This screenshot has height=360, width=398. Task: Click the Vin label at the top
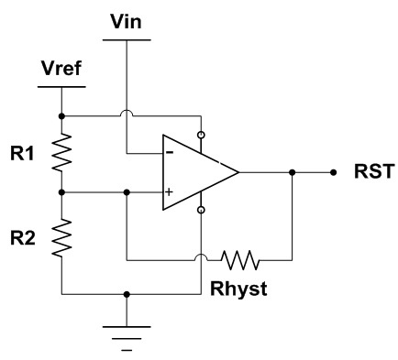(126, 19)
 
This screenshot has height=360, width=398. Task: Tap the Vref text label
(61, 71)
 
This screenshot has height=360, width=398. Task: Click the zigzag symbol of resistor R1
(61, 155)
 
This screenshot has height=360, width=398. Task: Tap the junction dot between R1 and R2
(61, 193)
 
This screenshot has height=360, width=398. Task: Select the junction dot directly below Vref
(61, 116)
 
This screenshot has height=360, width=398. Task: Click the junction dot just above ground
(126, 295)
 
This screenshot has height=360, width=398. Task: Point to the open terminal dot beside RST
(334, 171)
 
